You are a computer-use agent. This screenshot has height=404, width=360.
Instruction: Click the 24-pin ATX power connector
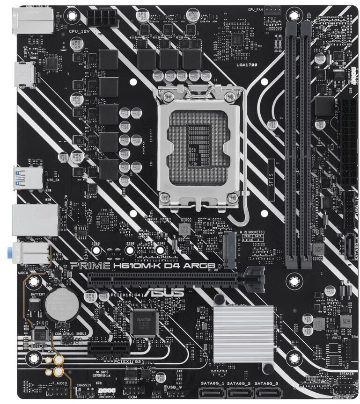(349, 140)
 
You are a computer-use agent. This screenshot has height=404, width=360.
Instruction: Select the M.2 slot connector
(230, 250)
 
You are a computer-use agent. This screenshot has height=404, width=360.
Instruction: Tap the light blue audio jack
(17, 253)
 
